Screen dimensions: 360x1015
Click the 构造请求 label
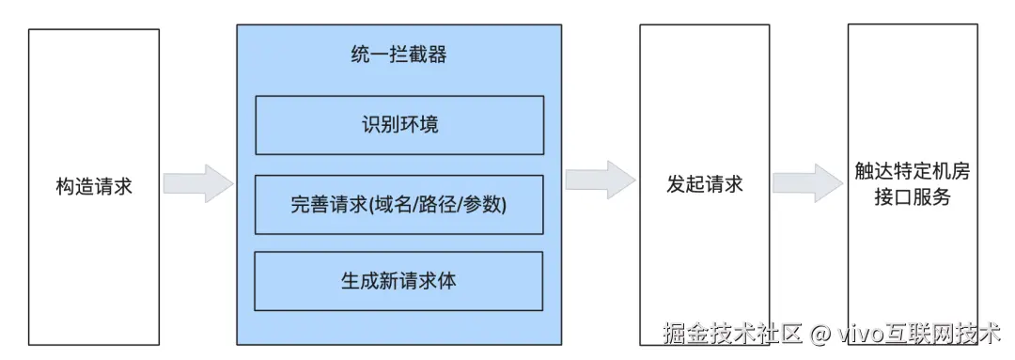pos(94,185)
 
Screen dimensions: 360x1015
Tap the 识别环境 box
pos(399,124)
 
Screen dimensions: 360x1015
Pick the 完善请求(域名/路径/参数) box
pos(399,203)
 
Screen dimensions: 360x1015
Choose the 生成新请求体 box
pos(399,280)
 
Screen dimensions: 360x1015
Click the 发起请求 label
pos(704,183)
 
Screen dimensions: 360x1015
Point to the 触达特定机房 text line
pos(912,173)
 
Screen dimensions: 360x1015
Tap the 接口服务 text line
pos(912,197)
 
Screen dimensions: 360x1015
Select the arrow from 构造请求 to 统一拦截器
pos(197,182)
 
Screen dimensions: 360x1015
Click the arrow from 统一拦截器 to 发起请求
pos(601,179)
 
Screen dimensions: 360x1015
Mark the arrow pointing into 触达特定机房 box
pos(808,181)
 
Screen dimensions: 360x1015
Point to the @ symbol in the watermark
pos(820,334)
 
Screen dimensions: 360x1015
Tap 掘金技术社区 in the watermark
pos(732,333)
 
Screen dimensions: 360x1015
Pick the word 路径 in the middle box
pos(434,203)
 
